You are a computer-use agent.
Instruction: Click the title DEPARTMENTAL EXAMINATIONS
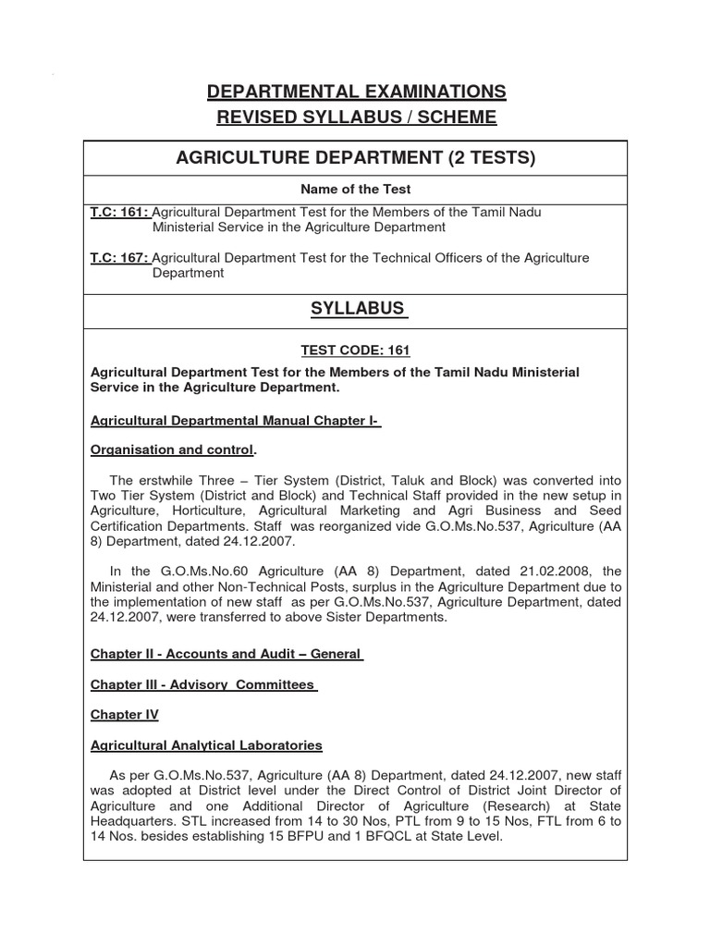tap(356, 92)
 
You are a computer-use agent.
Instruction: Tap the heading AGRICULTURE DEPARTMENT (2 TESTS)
tap(356, 158)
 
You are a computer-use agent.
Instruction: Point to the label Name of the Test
tap(356, 190)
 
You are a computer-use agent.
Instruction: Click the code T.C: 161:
tap(119, 212)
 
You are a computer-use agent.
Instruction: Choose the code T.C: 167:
tap(119, 258)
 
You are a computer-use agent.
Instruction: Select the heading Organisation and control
tap(171, 450)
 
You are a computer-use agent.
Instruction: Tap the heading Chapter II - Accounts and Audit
tap(226, 654)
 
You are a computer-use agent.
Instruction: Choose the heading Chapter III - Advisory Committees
tap(203, 684)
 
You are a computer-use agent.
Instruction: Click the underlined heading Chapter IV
tap(124, 715)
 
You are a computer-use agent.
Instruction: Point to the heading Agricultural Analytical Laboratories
tap(205, 744)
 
